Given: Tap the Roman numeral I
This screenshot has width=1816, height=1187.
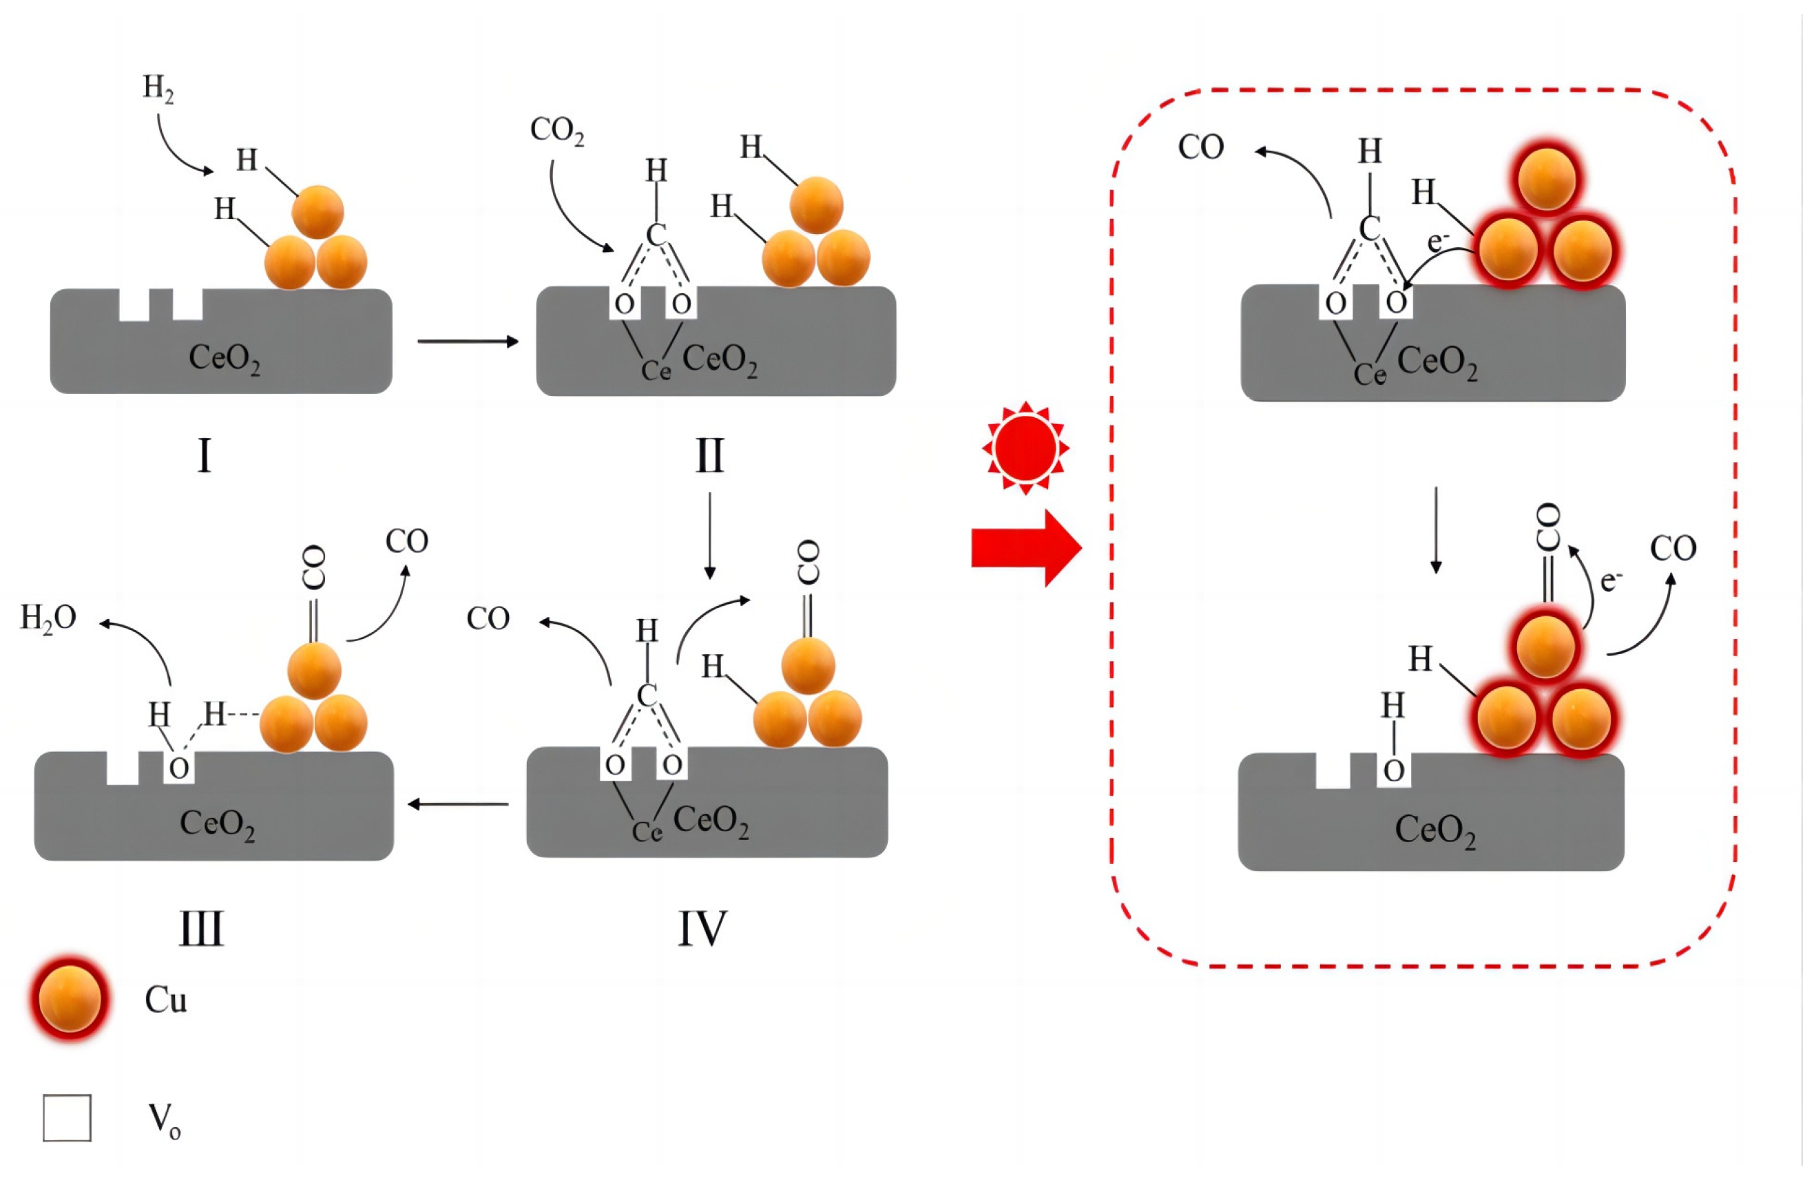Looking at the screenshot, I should [204, 456].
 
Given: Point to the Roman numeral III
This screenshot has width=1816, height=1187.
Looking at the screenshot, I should [202, 929].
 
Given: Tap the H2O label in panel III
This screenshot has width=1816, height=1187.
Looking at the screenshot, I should [48, 618].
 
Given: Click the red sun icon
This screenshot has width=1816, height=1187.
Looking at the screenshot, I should [1026, 448].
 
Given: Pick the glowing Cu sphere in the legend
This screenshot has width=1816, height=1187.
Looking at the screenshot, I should [70, 998].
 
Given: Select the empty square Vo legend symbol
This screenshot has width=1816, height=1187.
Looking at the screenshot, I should [67, 1118].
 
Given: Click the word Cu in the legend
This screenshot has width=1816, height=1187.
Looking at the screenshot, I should [165, 999].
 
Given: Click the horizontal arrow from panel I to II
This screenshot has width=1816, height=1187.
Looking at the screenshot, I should [468, 341].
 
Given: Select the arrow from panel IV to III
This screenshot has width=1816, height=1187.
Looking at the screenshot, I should [459, 804].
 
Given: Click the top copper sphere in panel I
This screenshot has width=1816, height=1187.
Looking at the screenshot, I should [317, 211].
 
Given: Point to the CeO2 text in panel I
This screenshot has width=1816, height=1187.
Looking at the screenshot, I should [225, 358].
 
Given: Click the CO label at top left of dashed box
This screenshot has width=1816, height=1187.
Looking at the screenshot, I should [1201, 147].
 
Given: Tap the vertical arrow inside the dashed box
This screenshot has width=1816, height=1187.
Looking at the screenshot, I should [1436, 530].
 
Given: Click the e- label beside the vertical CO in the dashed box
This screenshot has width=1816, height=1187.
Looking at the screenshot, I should [1610, 580].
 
